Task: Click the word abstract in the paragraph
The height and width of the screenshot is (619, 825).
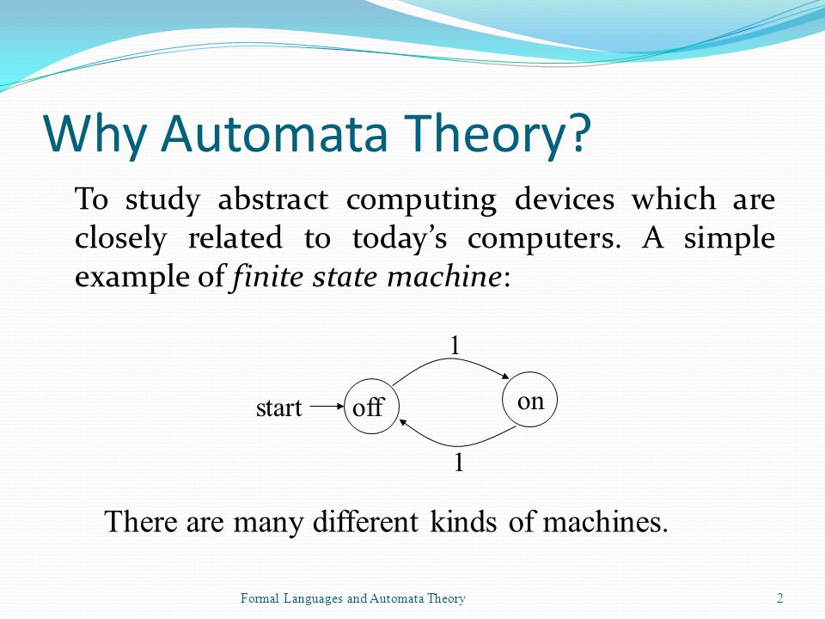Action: tap(273, 199)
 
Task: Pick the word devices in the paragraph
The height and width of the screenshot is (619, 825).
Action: tap(564, 199)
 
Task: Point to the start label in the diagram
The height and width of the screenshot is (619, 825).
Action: tap(278, 408)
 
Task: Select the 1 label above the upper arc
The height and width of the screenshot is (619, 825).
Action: tap(455, 346)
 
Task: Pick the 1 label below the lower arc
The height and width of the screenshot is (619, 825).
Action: tap(459, 463)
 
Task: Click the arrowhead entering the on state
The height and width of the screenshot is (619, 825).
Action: tap(506, 376)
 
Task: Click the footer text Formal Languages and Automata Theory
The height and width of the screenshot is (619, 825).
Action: tap(353, 598)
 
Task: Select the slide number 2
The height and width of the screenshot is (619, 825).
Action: tap(779, 598)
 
